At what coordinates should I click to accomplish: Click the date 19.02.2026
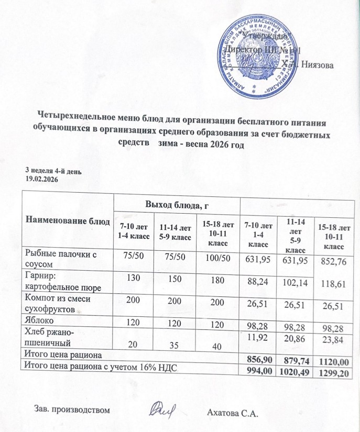[x=42, y=179]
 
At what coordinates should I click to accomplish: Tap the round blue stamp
[x=256, y=58]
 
